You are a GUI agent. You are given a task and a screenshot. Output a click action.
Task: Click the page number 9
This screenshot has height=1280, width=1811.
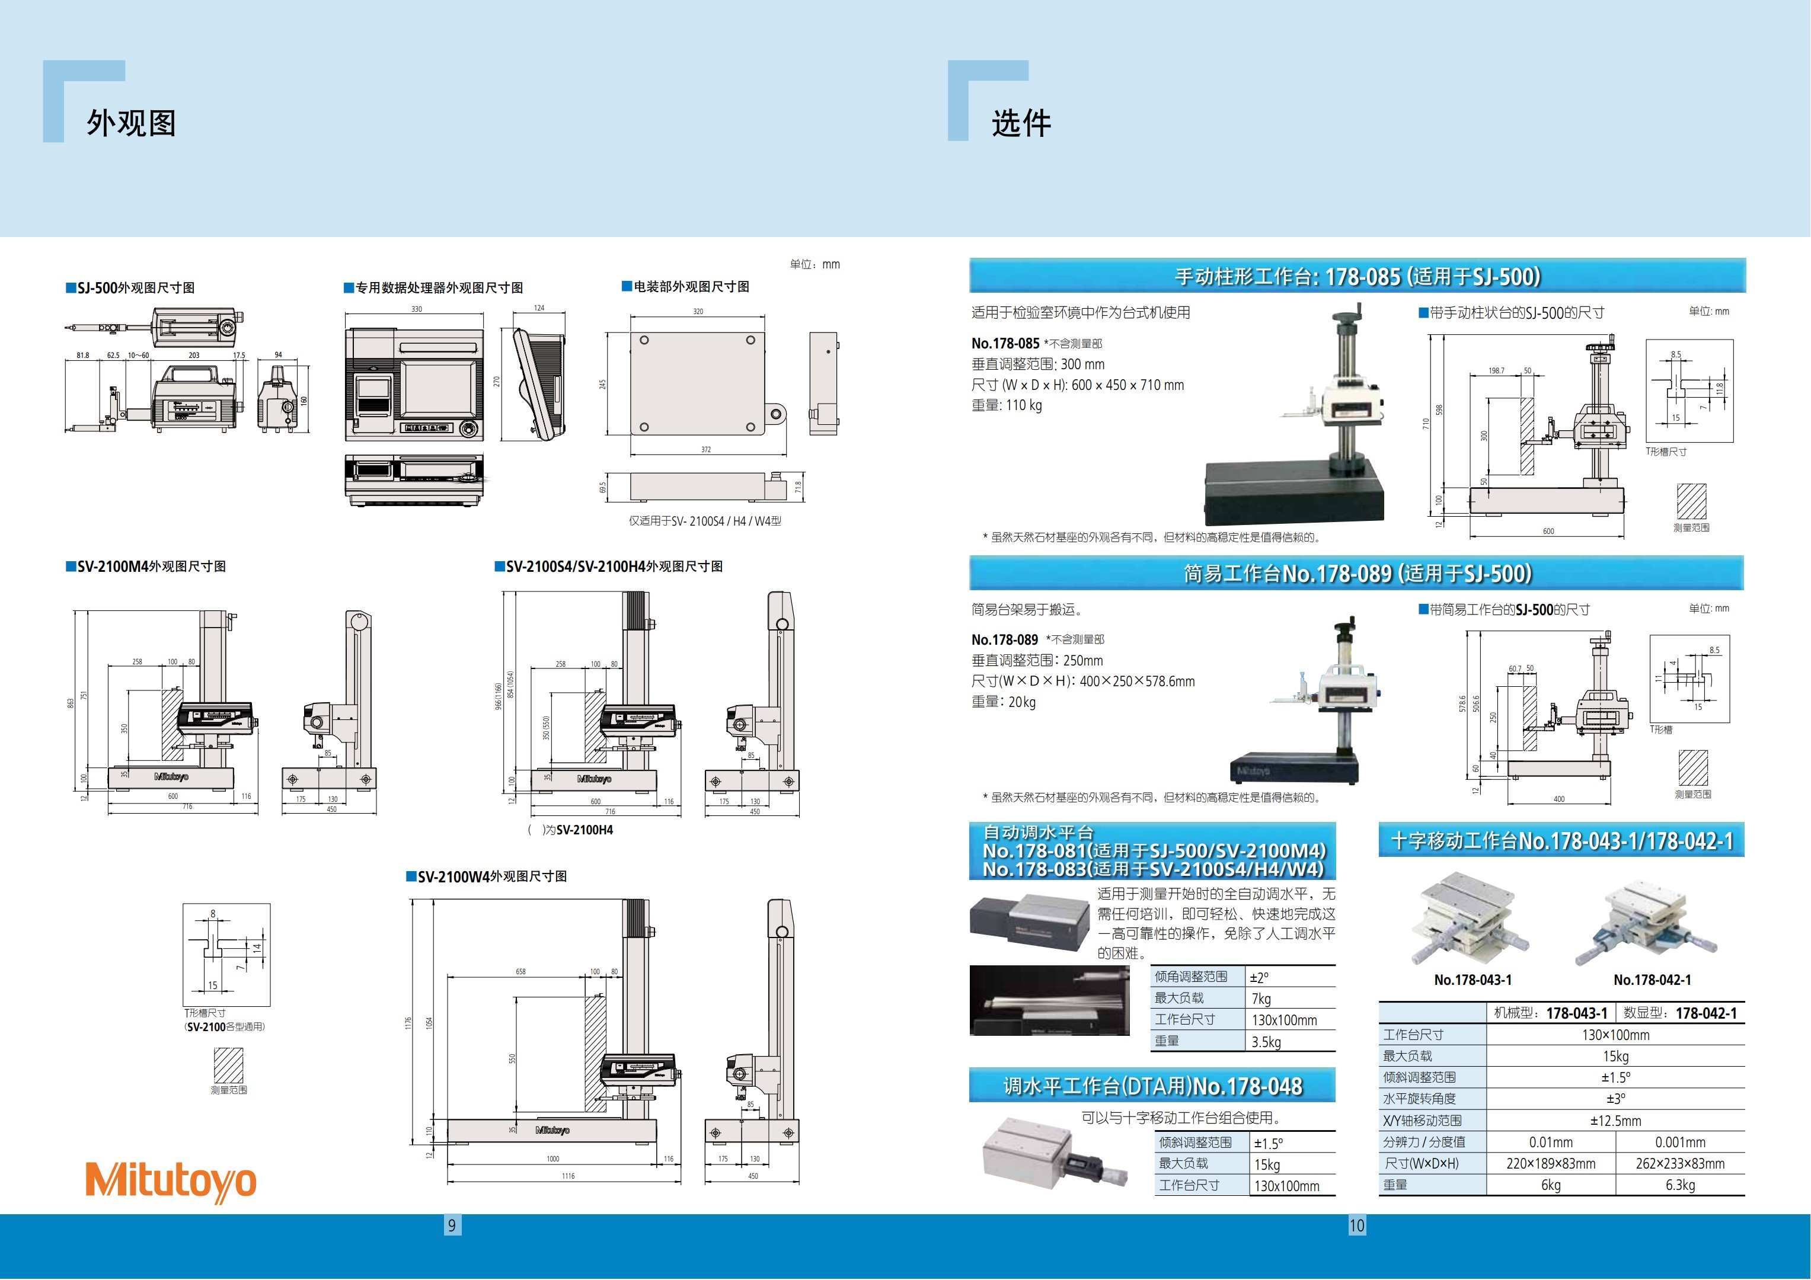point(452,1225)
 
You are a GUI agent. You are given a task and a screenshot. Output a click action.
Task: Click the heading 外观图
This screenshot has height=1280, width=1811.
point(131,123)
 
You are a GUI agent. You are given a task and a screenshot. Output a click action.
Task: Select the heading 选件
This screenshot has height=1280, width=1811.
point(1021,124)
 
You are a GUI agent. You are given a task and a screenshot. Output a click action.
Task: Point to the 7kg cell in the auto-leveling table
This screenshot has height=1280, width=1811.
point(1261,999)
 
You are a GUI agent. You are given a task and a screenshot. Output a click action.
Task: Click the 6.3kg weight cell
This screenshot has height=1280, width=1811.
point(1680,1185)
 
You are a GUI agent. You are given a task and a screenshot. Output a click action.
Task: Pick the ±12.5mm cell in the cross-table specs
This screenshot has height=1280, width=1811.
point(1615,1121)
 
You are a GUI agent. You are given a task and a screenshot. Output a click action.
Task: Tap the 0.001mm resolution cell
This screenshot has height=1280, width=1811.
point(1680,1142)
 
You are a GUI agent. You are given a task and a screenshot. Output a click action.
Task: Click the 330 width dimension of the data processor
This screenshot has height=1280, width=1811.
point(417,309)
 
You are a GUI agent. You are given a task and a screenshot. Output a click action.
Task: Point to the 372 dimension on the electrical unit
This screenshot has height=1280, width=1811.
point(706,450)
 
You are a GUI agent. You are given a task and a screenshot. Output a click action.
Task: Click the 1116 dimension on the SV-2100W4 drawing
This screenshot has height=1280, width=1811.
point(568,1176)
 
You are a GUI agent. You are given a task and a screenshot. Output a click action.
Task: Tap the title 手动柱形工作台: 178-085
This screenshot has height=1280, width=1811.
point(1357,277)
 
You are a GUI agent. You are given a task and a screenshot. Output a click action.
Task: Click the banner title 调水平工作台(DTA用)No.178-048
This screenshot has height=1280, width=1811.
point(1152,1086)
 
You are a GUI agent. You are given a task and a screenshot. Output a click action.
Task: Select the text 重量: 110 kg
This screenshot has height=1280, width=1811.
point(1007,405)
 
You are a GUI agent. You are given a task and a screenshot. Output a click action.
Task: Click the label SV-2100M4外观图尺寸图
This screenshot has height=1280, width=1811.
point(151,567)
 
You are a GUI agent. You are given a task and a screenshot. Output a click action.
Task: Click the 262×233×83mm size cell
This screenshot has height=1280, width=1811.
point(1680,1163)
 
